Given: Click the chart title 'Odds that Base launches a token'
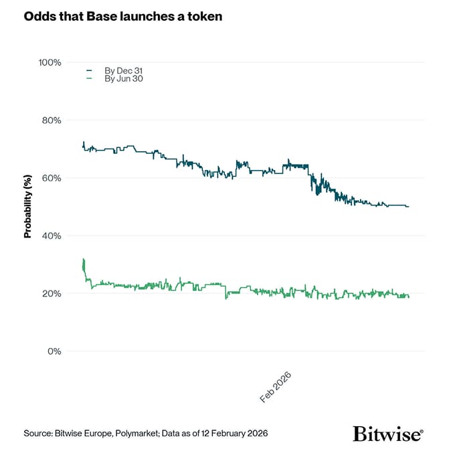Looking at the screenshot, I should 122,16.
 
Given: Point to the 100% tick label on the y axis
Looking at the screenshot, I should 49,62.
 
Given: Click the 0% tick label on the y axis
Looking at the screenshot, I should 53,351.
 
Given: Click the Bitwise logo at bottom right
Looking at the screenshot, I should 388,433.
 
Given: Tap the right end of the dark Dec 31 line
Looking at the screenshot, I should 408,207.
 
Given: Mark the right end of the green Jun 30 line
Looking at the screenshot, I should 408,296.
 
